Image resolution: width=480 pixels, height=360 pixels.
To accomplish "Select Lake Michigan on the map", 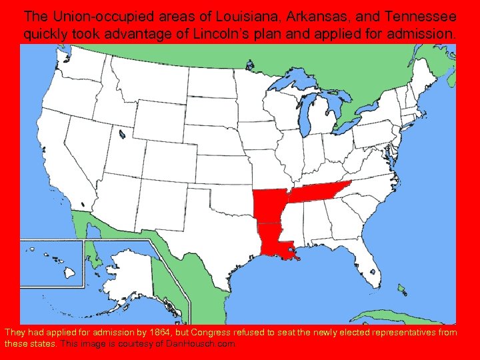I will tap(308, 117).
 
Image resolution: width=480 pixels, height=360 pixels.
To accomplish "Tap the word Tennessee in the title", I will tap(413, 15).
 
